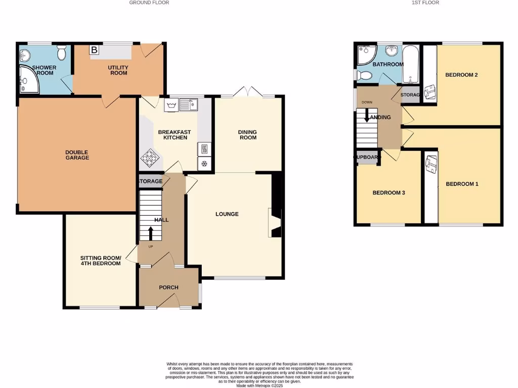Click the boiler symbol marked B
point(94,50)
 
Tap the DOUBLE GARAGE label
point(77,155)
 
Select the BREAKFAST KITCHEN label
point(172,135)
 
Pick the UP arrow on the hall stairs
point(151,234)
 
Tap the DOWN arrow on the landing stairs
point(366,116)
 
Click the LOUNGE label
point(227,214)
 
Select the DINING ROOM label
point(247,135)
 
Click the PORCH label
point(168,287)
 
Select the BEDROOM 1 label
point(461,184)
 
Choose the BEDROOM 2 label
point(461,75)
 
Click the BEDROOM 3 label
point(388,193)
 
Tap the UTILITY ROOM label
point(118,70)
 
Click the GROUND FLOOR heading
point(149,3)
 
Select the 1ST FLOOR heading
point(425,3)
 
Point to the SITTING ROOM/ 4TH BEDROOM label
point(100,261)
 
